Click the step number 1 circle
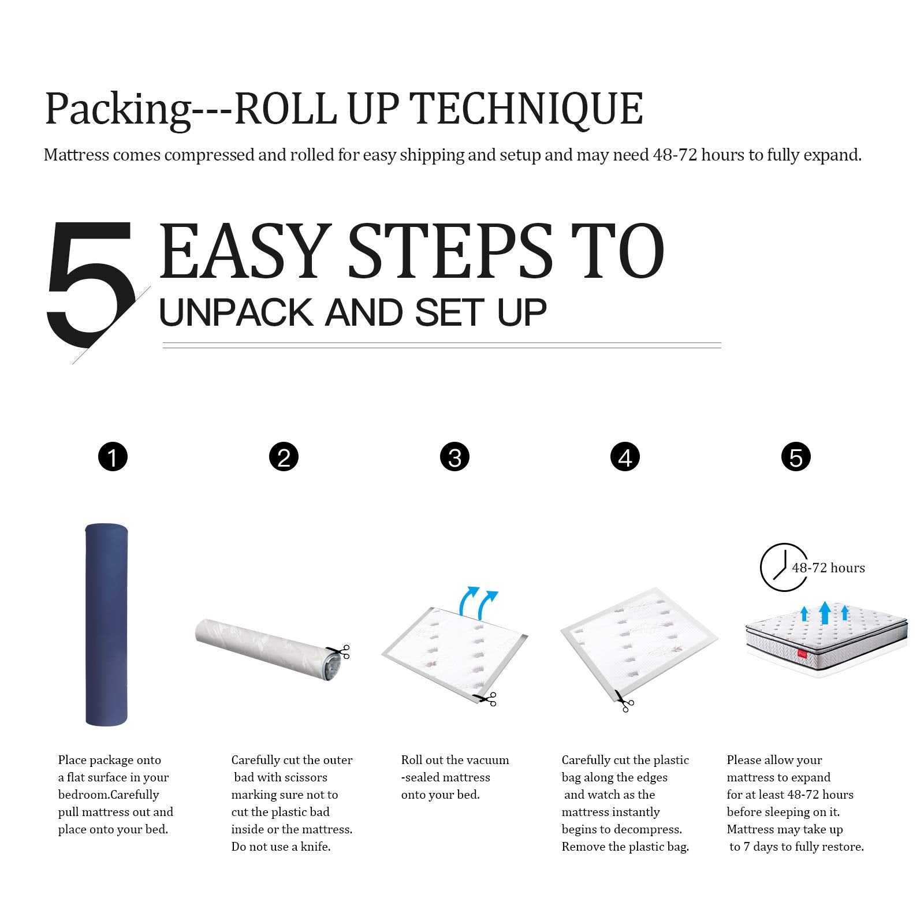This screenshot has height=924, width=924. [x=113, y=457]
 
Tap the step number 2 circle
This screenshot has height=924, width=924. [x=284, y=457]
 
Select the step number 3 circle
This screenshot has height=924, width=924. [x=454, y=457]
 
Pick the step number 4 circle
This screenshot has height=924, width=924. [x=625, y=457]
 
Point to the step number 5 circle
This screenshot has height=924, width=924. [x=796, y=457]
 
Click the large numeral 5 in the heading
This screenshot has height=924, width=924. [x=92, y=284]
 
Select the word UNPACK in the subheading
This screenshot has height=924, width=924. [x=236, y=312]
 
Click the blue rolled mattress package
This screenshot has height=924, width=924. [x=106, y=624]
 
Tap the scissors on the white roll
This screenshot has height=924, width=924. [x=340, y=651]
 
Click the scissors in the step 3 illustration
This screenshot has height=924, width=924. [x=485, y=699]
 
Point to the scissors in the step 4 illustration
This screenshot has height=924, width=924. [x=624, y=701]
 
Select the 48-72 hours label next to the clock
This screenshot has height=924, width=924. [x=828, y=568]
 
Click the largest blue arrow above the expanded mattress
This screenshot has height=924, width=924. [x=825, y=612]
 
